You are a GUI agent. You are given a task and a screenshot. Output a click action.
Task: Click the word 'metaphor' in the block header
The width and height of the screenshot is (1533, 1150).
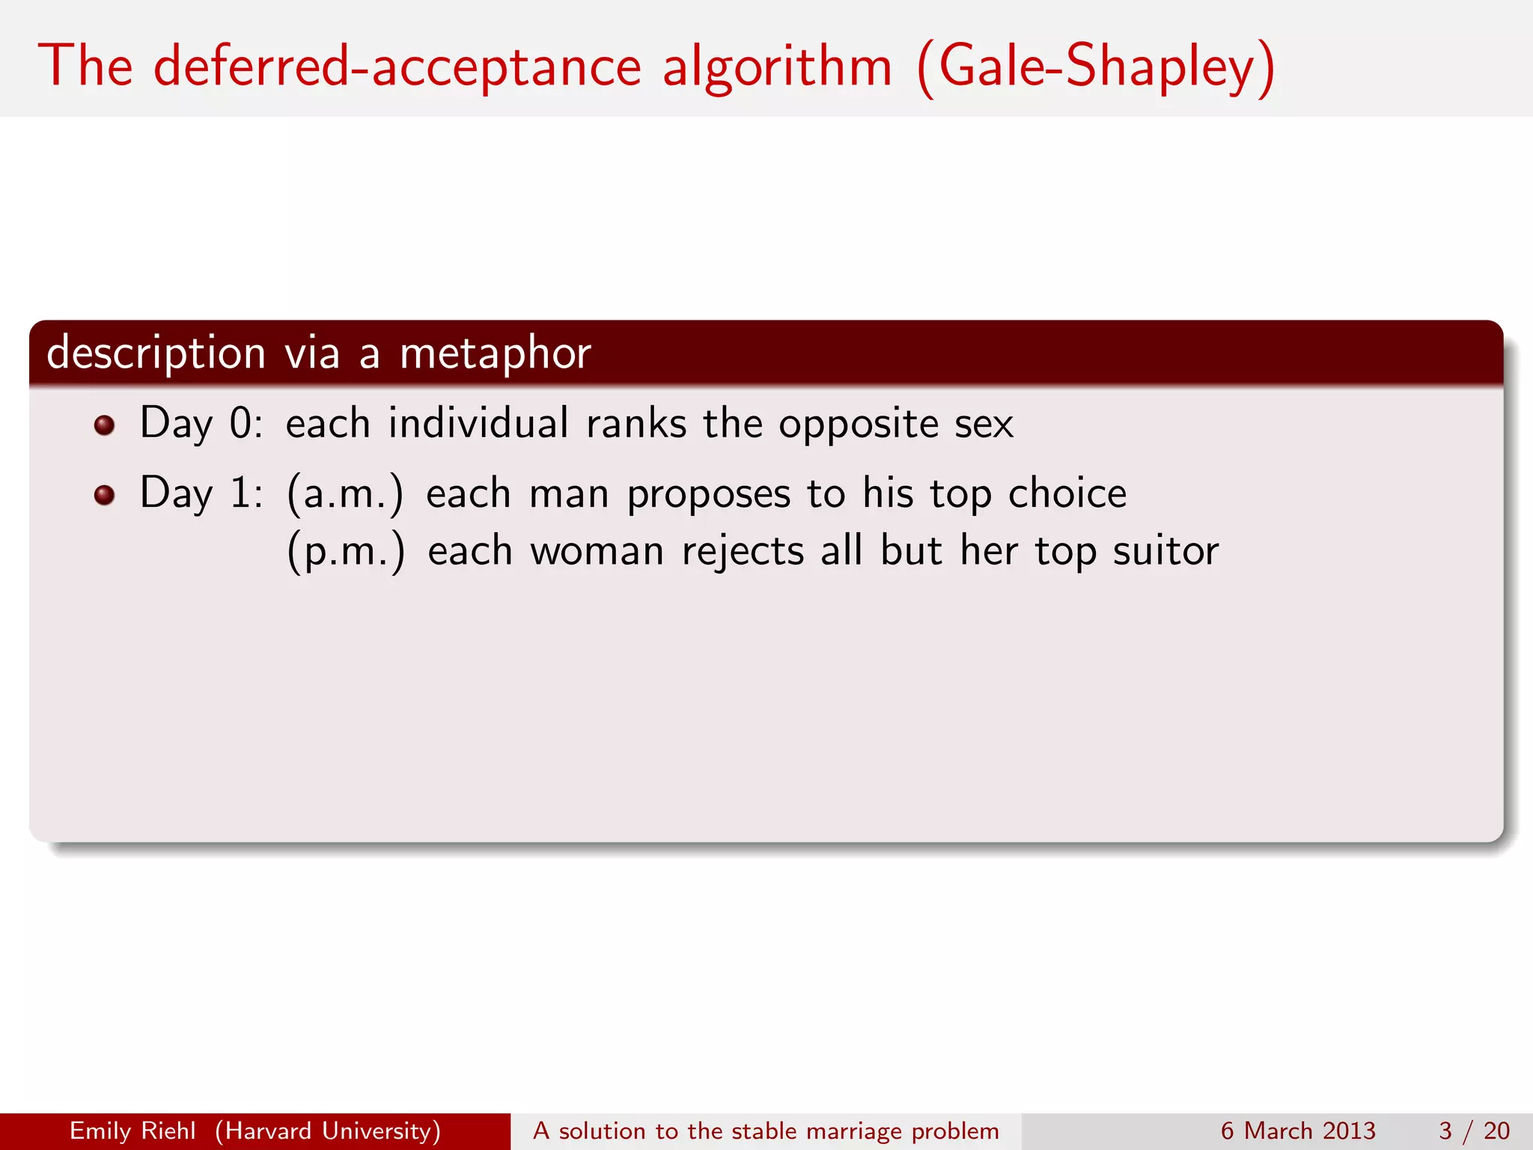point(496,353)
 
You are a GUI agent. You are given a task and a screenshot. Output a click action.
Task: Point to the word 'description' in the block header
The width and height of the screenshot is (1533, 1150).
point(156,353)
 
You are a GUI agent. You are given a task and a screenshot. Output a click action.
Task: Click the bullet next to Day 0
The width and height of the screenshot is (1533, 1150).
point(105,425)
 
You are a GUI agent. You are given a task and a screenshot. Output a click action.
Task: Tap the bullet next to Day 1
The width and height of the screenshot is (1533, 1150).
point(105,495)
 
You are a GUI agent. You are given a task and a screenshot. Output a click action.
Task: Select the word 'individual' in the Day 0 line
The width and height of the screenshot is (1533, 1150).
point(478,423)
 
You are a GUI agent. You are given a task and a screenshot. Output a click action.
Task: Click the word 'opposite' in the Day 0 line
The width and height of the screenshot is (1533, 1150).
point(858,425)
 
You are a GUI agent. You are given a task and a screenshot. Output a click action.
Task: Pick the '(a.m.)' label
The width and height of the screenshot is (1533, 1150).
point(345,494)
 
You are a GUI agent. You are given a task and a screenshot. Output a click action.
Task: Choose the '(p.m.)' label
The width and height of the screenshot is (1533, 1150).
point(346,552)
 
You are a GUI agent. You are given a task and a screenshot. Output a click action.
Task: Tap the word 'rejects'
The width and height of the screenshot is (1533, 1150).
point(743,552)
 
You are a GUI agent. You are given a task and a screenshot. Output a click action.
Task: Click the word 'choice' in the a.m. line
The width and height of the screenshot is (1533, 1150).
point(1067,493)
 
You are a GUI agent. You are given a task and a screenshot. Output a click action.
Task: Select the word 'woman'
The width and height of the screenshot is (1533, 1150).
point(597,552)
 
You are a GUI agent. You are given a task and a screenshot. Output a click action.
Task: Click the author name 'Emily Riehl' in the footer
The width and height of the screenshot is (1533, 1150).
point(132,1131)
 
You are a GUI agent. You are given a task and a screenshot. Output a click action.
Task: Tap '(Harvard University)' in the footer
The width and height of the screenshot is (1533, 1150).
point(328,1131)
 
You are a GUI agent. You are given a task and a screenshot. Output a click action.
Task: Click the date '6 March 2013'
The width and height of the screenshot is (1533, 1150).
point(1298,1131)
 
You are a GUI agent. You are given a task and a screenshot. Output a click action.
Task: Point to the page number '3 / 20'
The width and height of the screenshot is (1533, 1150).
point(1474,1131)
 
